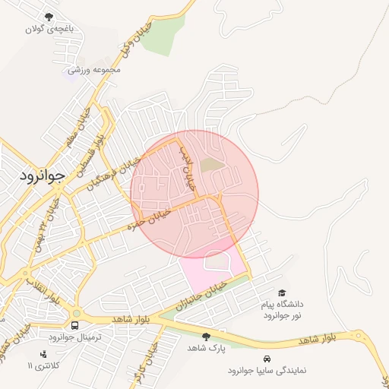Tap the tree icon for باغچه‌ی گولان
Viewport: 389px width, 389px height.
[50, 17]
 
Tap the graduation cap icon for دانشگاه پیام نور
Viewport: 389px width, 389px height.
[282, 293]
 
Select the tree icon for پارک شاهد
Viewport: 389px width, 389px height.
[206, 336]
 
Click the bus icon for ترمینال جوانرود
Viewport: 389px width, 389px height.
[74, 324]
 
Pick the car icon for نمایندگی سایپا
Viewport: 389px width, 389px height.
[266, 359]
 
